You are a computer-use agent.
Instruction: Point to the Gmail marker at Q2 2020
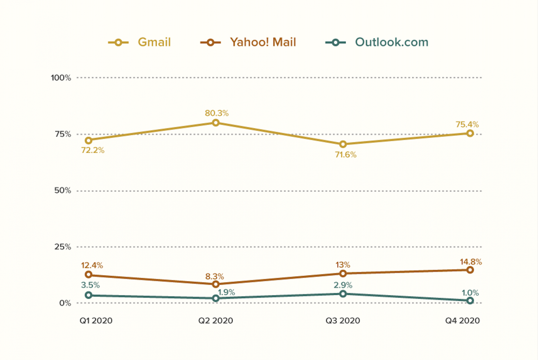(x=215, y=123)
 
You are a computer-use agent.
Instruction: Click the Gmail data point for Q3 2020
(x=343, y=144)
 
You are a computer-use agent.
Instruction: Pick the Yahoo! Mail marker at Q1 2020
(x=88, y=274)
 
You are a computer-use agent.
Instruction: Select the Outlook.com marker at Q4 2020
(x=470, y=300)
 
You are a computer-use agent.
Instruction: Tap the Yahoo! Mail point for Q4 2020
(x=470, y=270)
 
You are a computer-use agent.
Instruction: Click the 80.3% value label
(x=217, y=113)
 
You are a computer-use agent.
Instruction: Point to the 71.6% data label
(x=346, y=155)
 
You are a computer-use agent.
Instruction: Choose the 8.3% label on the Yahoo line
(x=214, y=276)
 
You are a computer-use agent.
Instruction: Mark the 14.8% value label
(x=470, y=262)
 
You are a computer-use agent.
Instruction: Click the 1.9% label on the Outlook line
(x=226, y=292)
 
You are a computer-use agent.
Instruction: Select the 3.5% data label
(x=90, y=285)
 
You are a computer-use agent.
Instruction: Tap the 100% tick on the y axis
(x=61, y=78)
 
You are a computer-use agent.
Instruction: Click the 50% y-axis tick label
(x=62, y=191)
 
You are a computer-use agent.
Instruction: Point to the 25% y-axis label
(x=62, y=247)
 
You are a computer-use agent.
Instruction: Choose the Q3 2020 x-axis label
(x=343, y=321)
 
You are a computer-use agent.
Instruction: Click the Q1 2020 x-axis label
(x=96, y=321)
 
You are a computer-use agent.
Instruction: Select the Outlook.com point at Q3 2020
(x=343, y=294)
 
